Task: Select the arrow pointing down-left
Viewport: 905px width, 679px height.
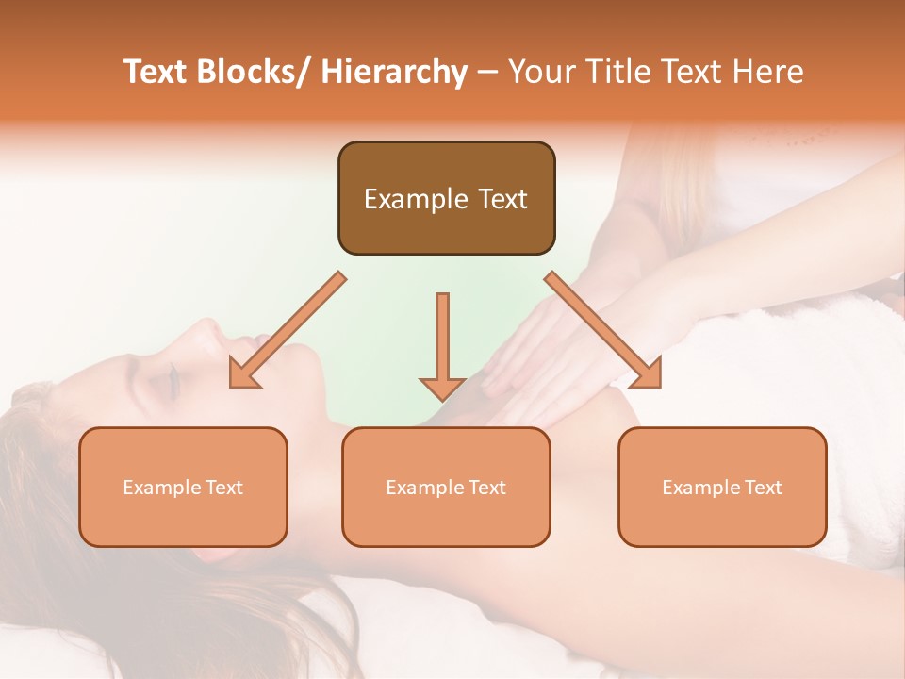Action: [287, 330]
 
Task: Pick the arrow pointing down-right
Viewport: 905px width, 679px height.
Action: [603, 330]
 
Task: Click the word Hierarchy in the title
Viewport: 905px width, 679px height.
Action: [394, 72]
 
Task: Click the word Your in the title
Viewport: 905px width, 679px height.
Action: [540, 72]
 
